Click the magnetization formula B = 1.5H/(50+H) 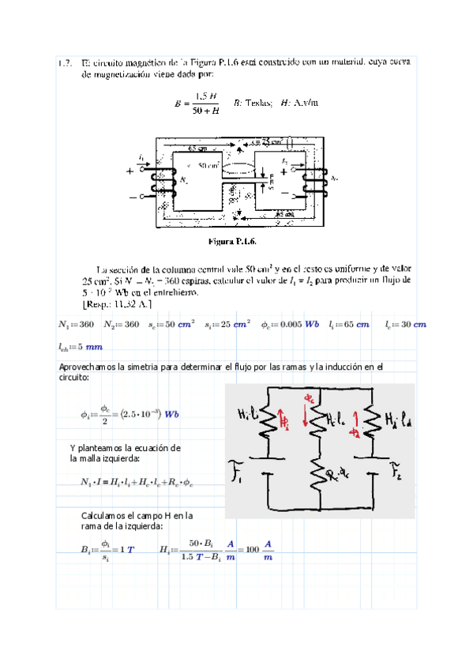(x=197, y=104)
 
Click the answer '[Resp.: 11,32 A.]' (x=118, y=303)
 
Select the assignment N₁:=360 (x=77, y=325)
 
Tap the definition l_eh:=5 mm (x=81, y=346)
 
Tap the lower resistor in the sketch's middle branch (x=320, y=474)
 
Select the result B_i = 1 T (x=108, y=549)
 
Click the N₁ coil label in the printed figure (x=182, y=181)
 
